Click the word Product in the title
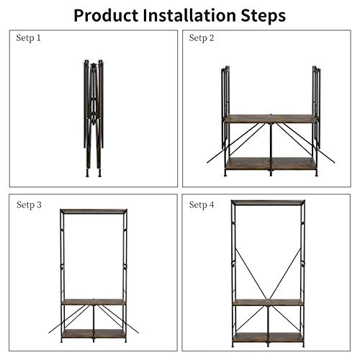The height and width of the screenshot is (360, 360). pos(109,14)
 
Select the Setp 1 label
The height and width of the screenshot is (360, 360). pos(29,37)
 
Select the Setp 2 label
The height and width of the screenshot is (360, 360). pos(202,37)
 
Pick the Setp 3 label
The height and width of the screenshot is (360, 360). pos(29,205)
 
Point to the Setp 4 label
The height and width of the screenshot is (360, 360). pos(202,205)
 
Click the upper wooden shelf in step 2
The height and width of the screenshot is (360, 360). pos(270,118)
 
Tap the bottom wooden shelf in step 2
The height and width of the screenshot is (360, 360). pos(270,163)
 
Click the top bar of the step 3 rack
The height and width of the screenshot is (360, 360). pos(93,210)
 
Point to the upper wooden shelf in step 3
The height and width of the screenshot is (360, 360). pos(93,302)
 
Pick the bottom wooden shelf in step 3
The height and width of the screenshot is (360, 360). pos(93,333)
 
